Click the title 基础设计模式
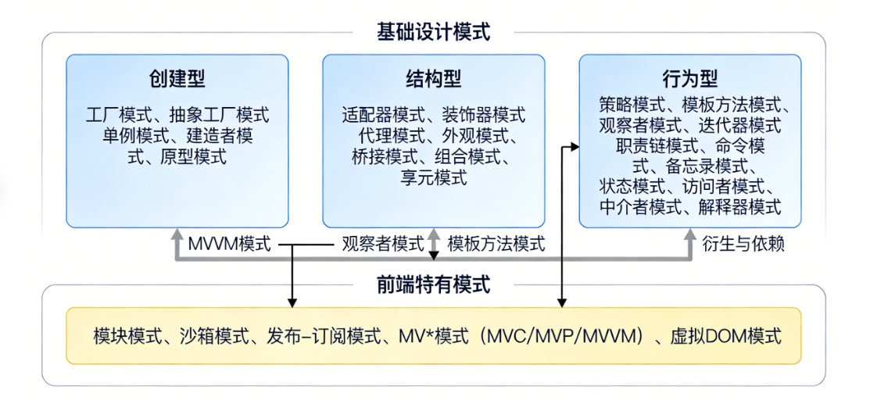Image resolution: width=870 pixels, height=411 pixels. coord(434,32)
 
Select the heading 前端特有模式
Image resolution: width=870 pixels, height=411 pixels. coord(434,284)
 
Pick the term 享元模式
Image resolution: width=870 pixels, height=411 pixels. coord(434,177)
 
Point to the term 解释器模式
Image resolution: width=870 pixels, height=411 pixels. coord(744,207)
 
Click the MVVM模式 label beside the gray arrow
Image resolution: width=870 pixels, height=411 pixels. coord(229,244)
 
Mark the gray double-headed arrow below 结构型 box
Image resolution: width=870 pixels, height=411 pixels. coord(435,244)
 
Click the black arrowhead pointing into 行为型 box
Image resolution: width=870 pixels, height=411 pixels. coord(575,146)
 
